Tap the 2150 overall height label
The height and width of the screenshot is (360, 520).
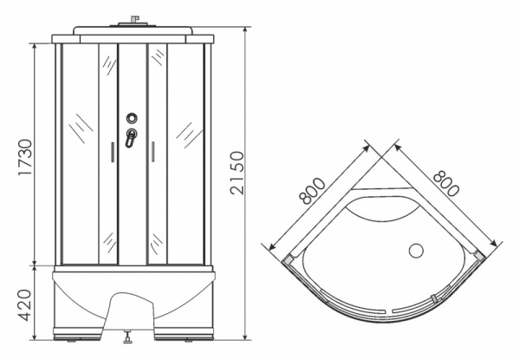237,173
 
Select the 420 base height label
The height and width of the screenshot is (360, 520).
24,305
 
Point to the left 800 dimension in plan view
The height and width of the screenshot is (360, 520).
311,191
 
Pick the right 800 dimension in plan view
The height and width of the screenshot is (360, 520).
446,183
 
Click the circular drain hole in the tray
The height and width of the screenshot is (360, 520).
416,251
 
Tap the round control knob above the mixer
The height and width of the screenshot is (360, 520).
132,118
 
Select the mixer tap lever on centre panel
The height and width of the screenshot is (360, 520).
131,138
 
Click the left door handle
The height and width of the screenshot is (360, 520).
113,152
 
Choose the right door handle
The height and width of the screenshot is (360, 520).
153,152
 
